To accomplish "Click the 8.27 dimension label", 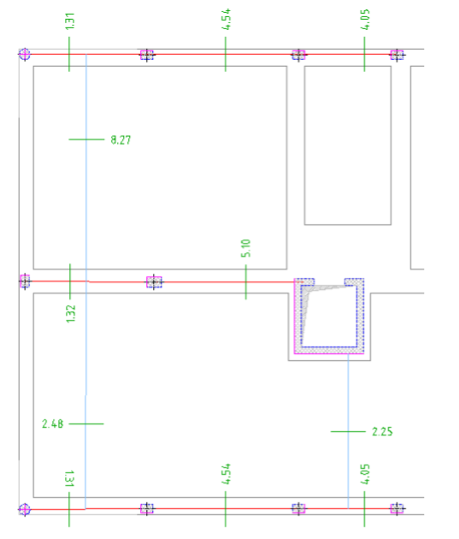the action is coord(121,140).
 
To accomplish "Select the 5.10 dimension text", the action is coord(246,248).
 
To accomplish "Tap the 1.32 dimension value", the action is coord(70,313).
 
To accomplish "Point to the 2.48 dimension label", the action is coord(52,423).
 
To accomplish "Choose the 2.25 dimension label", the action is coord(382,431).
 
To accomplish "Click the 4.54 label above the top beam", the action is coord(226,19).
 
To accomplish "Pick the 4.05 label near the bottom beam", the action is coord(365,474).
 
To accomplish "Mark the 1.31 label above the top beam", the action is coord(70,21).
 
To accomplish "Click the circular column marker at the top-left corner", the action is coord(25,54).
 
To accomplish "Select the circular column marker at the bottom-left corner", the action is coord(25,509).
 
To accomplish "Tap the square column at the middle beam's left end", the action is coord(25,281).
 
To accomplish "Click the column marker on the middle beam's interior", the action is coord(154,281).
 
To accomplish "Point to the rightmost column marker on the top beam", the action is coord(397,55).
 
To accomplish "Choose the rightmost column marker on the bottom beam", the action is coord(397,508).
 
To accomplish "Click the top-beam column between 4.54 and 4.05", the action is coord(298,55).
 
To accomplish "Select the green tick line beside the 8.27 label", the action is coord(86,139).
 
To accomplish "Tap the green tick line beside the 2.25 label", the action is coord(348,431).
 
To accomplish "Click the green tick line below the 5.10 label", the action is coord(246,281).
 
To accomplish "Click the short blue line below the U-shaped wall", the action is coord(348,431).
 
